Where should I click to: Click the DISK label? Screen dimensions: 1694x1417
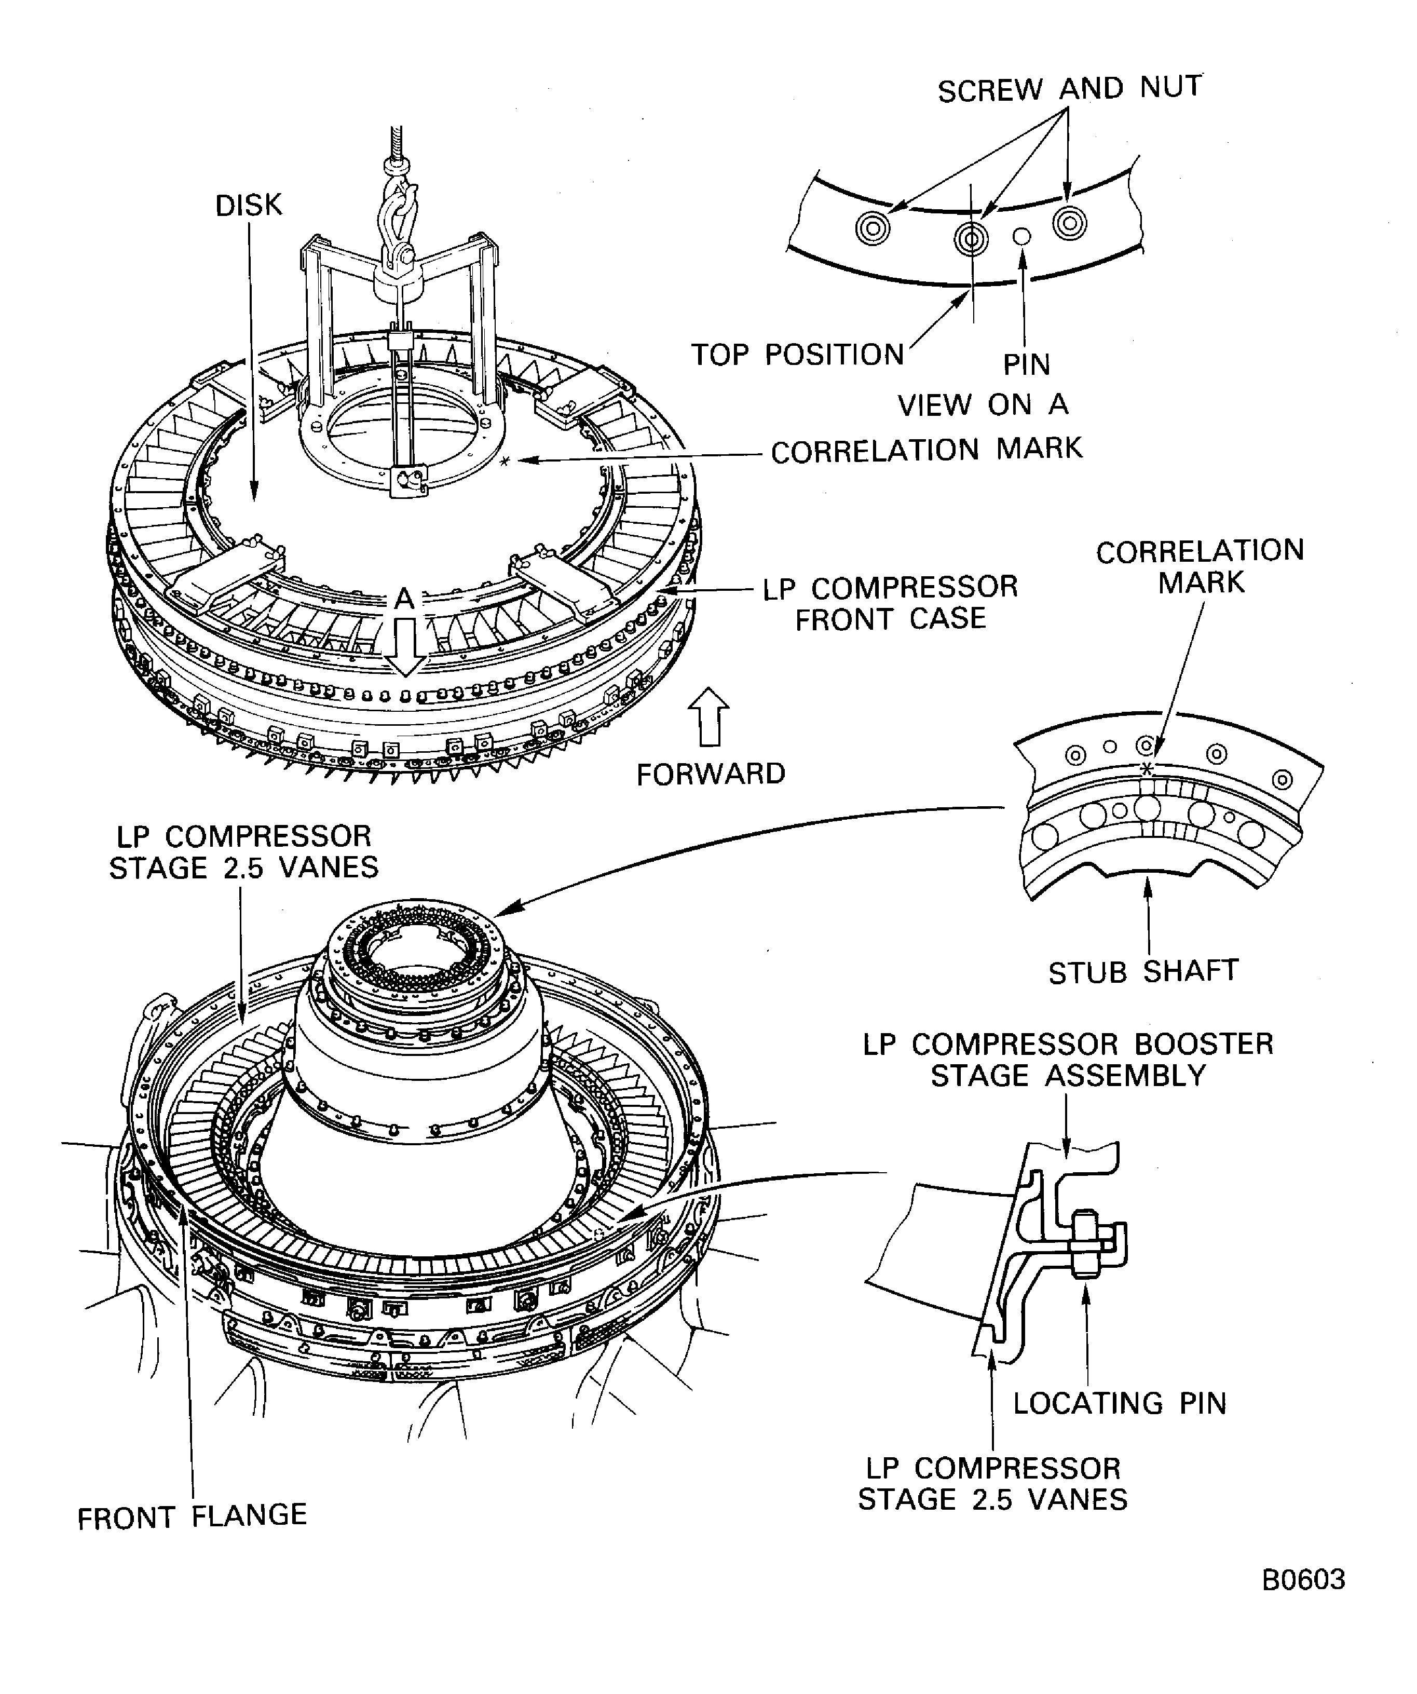[x=249, y=206]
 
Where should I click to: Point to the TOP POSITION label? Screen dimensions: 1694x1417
[x=798, y=355]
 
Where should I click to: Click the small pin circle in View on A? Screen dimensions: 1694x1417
[x=1022, y=236]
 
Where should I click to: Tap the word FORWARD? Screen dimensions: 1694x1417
[x=711, y=775]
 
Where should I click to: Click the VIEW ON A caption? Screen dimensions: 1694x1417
[x=983, y=405]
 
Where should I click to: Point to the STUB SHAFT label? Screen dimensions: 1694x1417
[x=1143, y=972]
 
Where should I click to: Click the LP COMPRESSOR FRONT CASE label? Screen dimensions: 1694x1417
[x=890, y=603]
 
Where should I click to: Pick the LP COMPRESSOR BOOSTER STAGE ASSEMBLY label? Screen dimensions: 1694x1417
[x=1068, y=1059]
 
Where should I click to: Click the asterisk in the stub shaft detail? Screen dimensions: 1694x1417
[x=1146, y=769]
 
